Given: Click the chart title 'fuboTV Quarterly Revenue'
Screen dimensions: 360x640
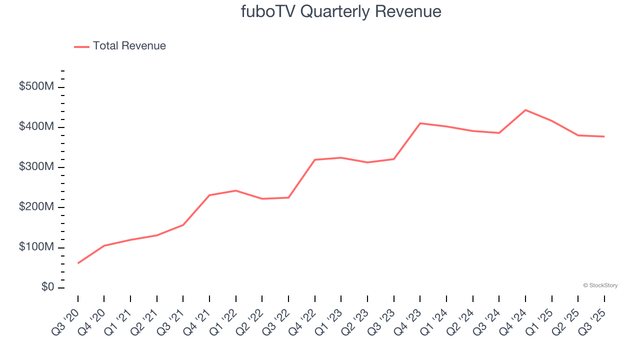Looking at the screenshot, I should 341,11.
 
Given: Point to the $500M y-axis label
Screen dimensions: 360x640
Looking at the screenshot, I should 36,87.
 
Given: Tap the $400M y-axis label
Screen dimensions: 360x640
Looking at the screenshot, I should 36,127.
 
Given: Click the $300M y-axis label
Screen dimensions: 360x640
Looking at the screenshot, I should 36,167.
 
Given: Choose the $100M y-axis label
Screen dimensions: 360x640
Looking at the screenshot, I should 36,247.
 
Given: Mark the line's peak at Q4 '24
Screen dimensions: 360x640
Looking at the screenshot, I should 525,110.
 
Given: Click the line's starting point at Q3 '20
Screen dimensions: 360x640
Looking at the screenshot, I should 78,263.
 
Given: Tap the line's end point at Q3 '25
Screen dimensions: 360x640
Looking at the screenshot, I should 604,136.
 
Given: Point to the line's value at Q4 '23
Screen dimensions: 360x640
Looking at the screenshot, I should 420,123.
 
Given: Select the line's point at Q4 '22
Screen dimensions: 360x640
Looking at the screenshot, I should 315,159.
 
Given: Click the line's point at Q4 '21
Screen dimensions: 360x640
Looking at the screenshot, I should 209,195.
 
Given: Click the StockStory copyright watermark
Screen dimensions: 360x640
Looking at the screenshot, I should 600,285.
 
